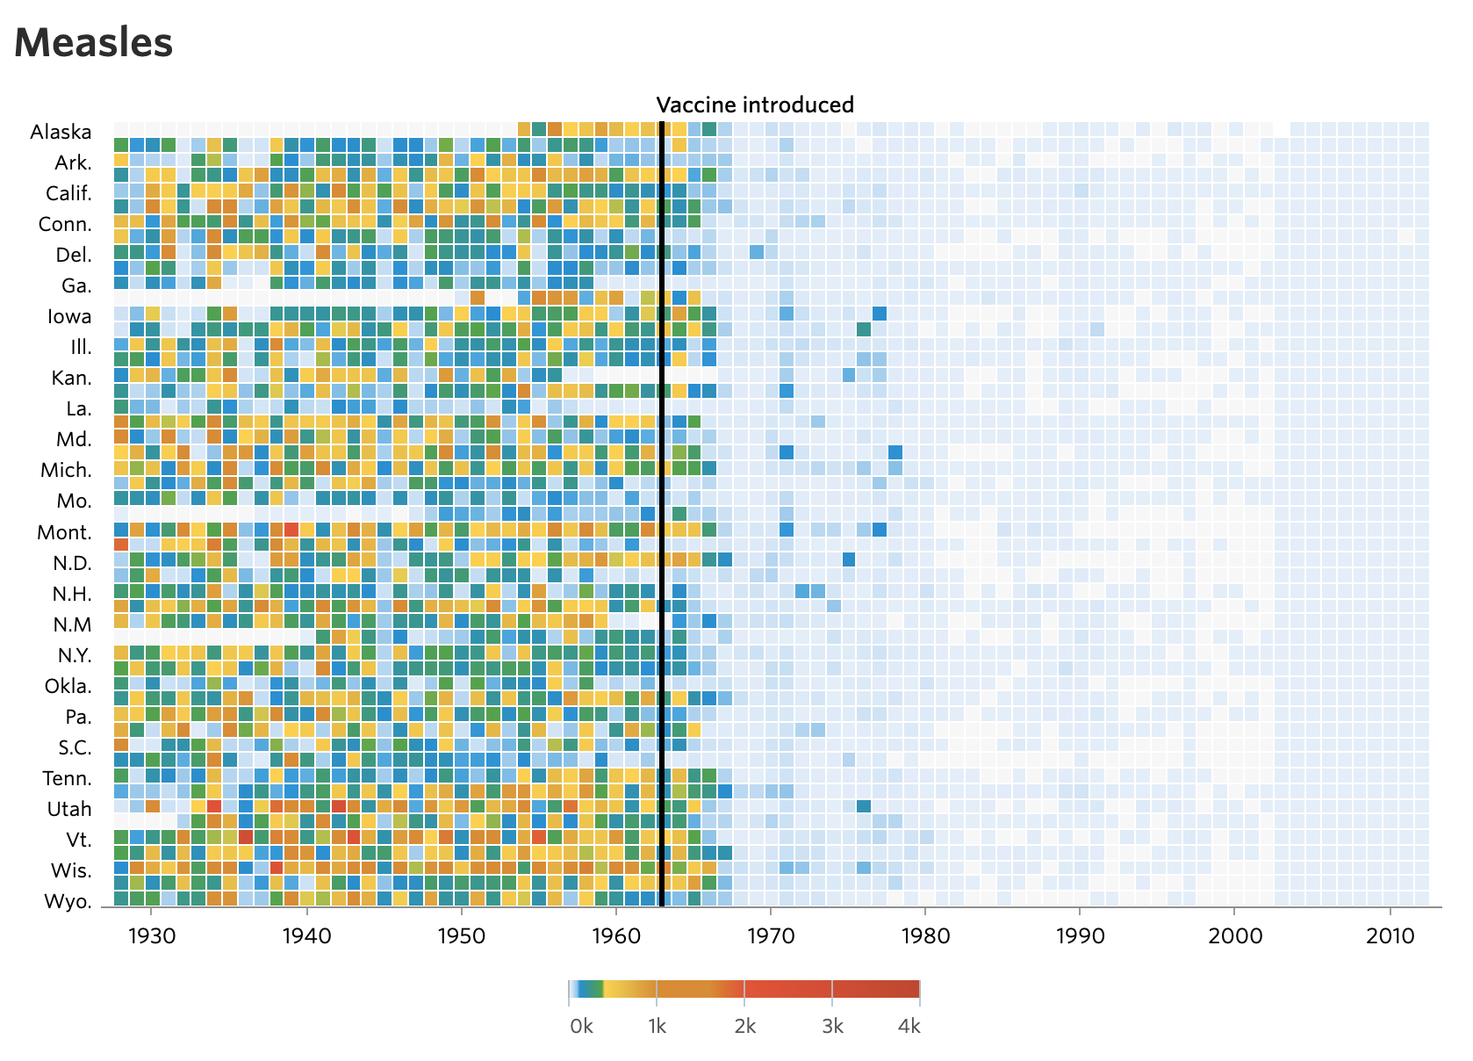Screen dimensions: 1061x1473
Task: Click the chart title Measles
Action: point(94,42)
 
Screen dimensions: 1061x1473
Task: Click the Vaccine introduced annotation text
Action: point(755,105)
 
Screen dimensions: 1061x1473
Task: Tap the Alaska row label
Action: point(61,132)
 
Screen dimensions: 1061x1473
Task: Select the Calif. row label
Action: point(68,193)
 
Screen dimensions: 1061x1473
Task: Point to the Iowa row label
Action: point(69,316)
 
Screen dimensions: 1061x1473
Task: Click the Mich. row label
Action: point(66,470)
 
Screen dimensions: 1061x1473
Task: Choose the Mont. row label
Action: point(64,532)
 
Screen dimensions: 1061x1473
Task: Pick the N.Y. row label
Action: point(75,655)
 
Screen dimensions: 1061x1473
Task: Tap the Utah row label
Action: point(69,809)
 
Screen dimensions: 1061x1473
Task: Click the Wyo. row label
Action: point(68,901)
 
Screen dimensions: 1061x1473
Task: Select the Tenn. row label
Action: point(67,778)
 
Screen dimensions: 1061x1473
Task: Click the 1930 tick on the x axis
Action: point(152,935)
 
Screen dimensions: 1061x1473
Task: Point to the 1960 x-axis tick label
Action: point(616,935)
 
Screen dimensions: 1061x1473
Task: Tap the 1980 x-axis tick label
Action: point(925,935)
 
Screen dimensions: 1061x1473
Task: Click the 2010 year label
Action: point(1390,935)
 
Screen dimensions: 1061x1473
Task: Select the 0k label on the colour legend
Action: point(581,1026)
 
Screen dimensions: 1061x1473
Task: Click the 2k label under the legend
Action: point(744,1026)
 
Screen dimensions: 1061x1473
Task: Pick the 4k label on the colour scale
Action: point(909,1026)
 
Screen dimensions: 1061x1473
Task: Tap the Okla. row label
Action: point(68,686)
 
